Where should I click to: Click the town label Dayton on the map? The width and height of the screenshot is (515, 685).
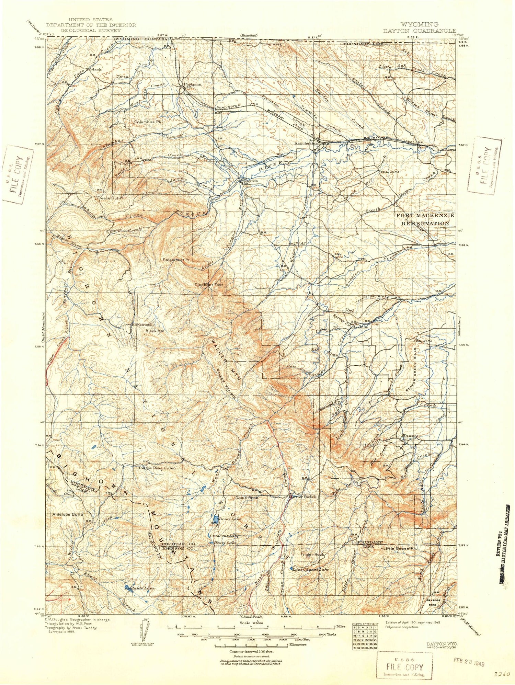250,180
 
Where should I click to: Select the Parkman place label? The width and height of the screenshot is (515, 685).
192,84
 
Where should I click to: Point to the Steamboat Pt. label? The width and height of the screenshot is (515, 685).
176,260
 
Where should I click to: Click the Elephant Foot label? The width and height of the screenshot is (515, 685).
209,285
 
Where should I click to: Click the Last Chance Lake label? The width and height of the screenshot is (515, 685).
310,569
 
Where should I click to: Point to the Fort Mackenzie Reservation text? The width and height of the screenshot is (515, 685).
425,219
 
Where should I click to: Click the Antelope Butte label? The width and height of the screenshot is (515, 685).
67,515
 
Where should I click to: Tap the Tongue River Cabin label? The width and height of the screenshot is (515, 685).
157,468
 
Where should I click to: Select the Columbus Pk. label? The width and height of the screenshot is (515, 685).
148,122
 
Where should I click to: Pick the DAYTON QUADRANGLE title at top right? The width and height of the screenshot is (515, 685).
420,31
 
